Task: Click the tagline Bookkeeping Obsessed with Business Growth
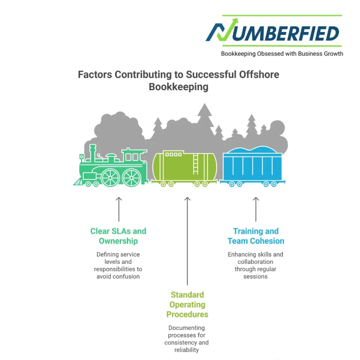click(282, 54)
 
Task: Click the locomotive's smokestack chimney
click(93, 152)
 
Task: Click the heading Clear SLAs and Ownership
click(118, 236)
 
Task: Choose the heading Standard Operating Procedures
click(187, 304)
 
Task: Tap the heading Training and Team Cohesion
click(256, 236)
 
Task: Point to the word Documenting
click(186, 328)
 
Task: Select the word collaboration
click(255, 262)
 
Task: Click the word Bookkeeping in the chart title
click(178, 86)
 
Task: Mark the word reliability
click(187, 350)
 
